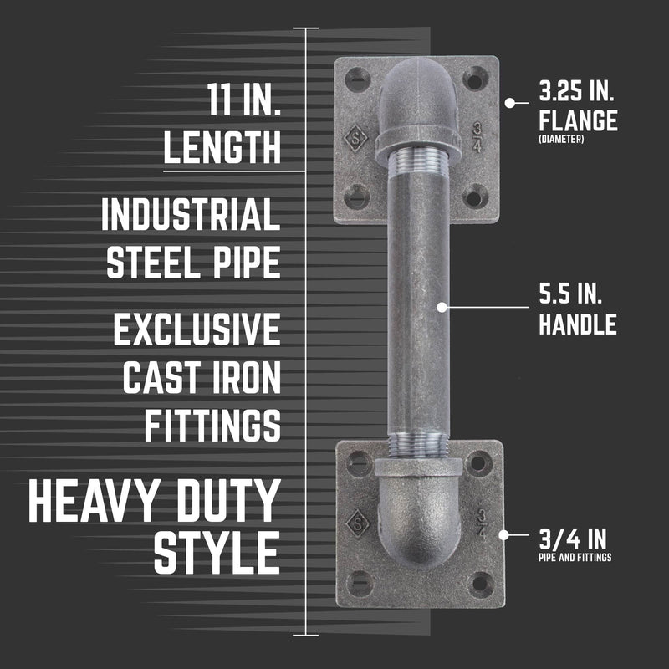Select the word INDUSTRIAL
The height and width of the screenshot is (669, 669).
(x=191, y=215)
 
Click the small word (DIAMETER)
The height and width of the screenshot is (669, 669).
(x=561, y=140)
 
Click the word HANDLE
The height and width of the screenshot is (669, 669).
(x=578, y=324)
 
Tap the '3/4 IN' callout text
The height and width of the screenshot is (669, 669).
(x=573, y=535)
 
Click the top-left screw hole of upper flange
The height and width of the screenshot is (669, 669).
(x=355, y=79)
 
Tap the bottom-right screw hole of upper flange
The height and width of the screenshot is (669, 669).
(x=473, y=198)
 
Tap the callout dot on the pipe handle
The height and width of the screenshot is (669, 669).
(x=442, y=306)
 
